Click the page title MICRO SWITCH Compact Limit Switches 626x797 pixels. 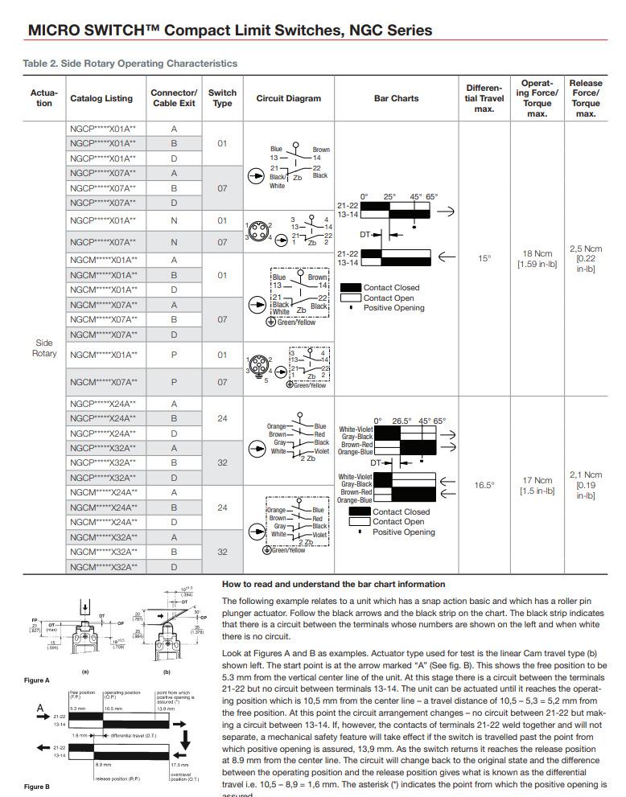pos(230,31)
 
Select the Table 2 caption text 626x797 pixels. pos(130,63)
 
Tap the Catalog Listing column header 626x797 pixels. pos(101,99)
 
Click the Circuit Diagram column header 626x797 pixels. pos(288,99)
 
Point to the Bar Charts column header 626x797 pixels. pos(396,99)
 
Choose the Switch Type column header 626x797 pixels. pos(222,98)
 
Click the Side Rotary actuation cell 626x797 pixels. pos(44,348)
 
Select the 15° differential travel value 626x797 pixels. pos(484,258)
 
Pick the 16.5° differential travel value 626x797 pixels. pos(484,485)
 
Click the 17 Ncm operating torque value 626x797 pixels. pos(537,485)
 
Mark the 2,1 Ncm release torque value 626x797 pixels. pos(586,485)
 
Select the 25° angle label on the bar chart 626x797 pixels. pos(389,197)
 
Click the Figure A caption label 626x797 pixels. pos(36,680)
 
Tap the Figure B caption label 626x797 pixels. pos(36,787)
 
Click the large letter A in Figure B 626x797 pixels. pos(39,709)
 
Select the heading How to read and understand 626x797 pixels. pos(333,584)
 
